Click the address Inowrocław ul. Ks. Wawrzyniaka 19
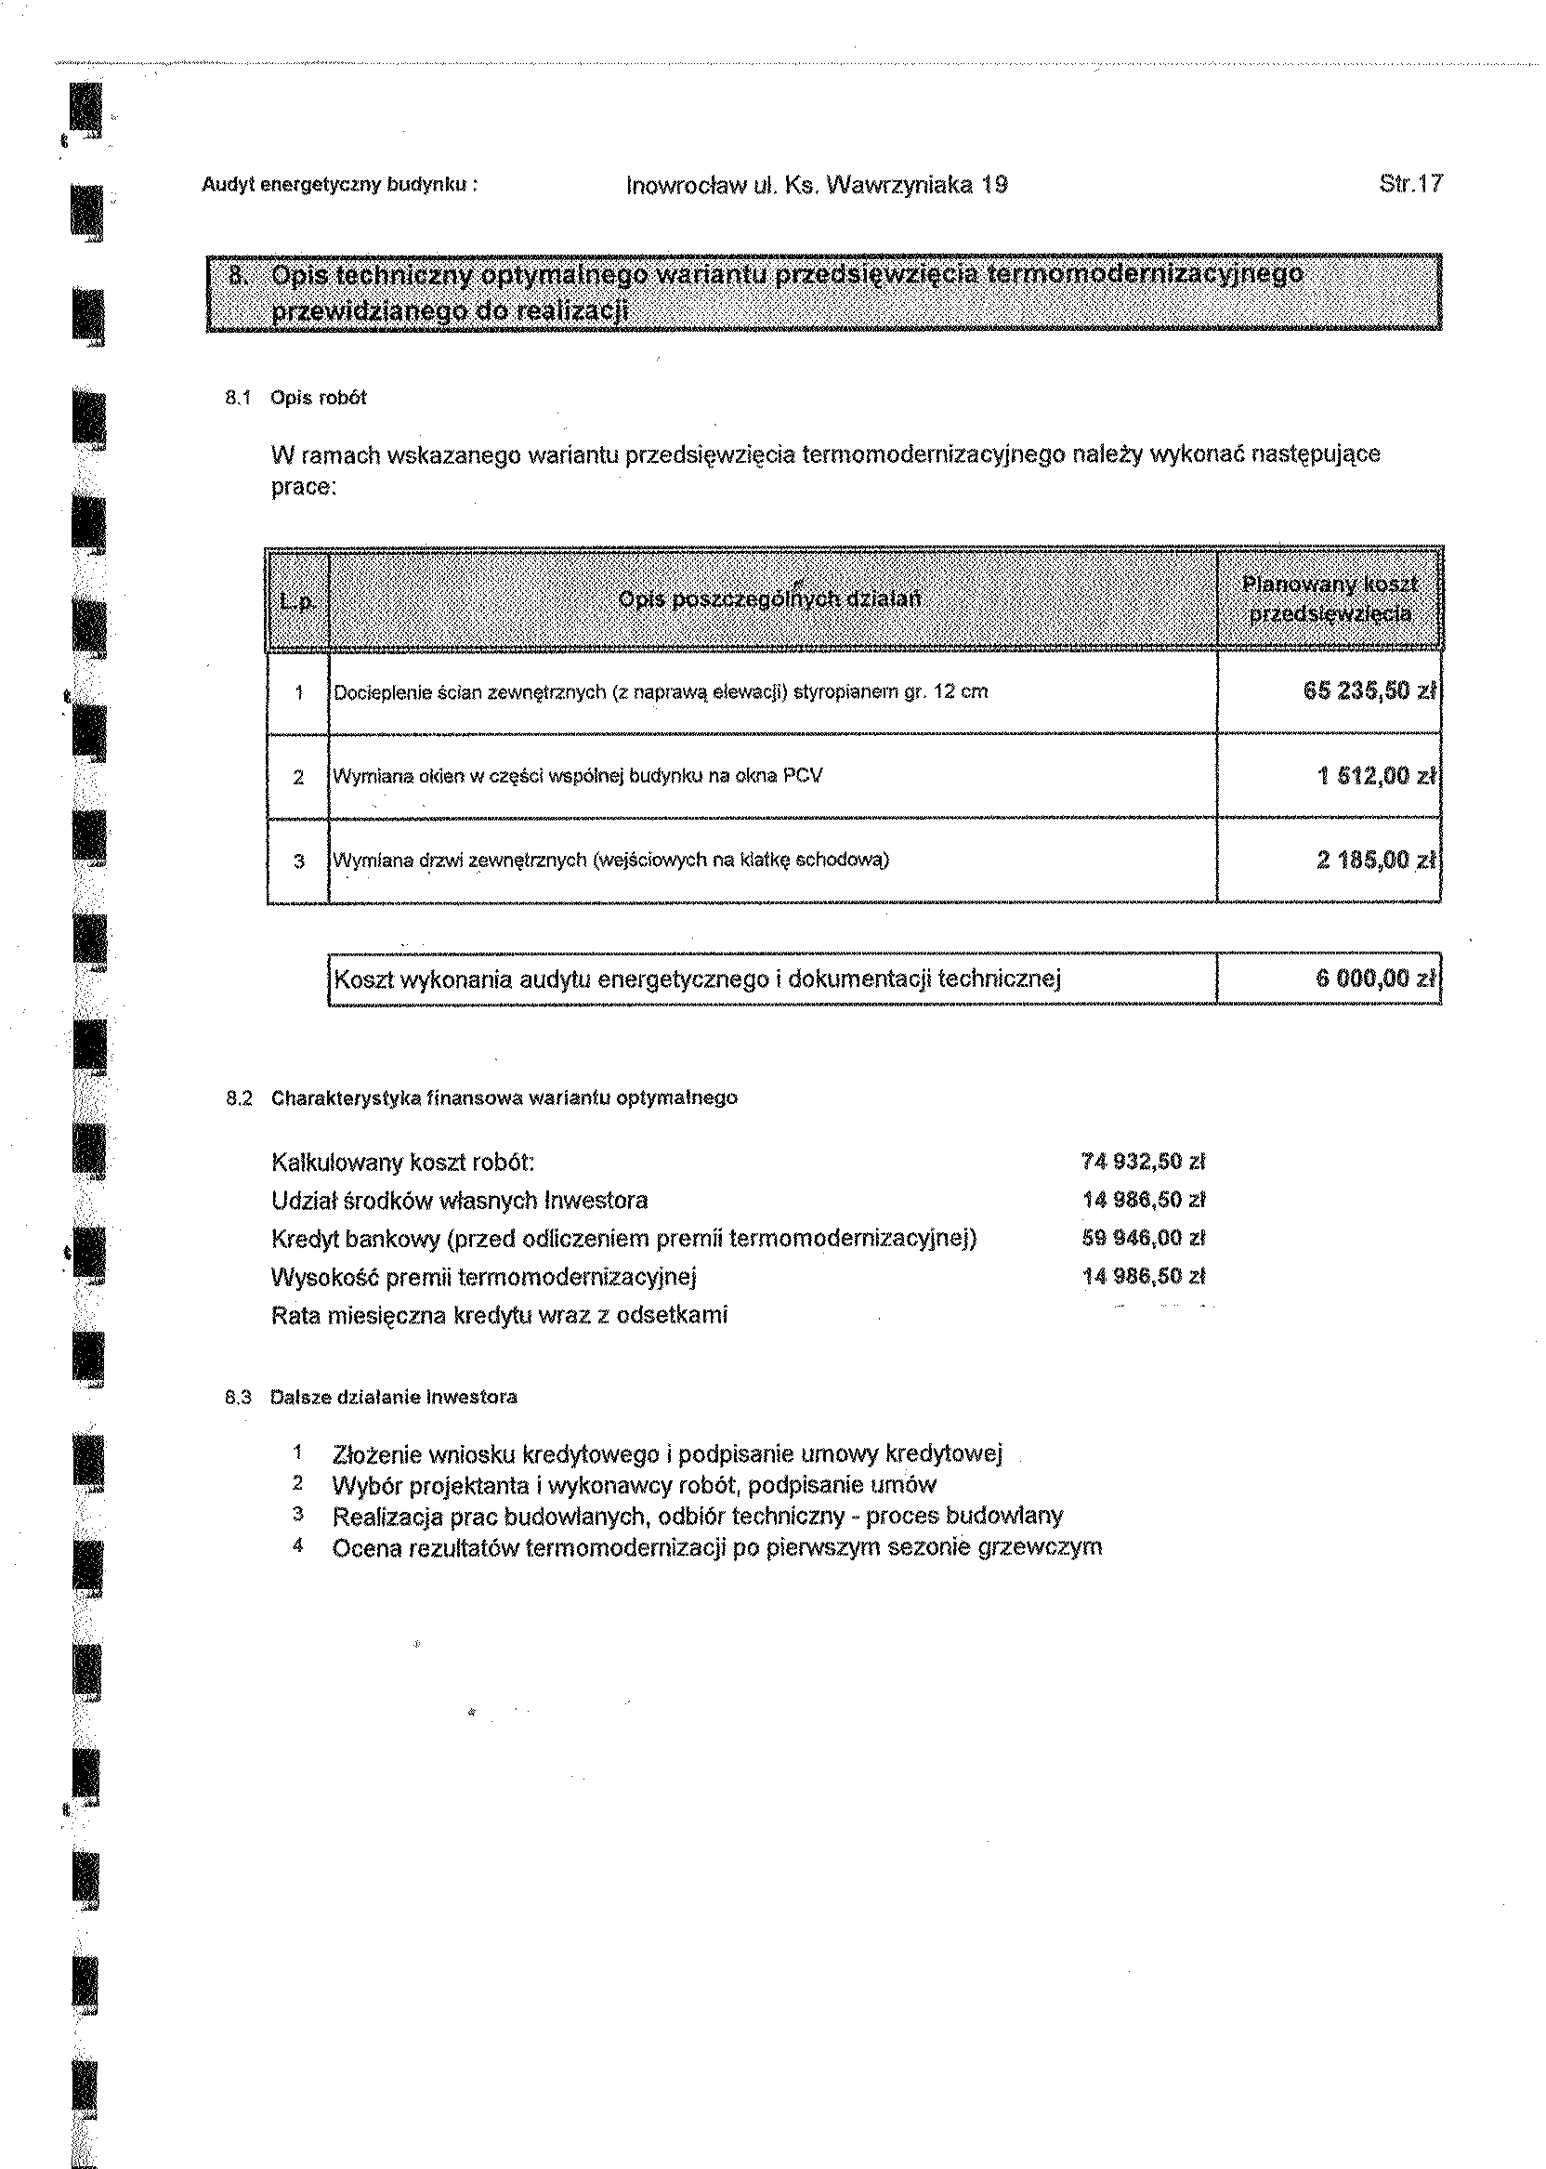tap(817, 185)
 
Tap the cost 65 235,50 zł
tap(1369, 691)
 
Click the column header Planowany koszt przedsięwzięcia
tap(1330, 598)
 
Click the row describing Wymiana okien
tap(578, 776)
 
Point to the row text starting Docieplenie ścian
tap(661, 692)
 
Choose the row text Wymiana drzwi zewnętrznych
tap(610, 861)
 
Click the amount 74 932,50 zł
tap(1144, 1162)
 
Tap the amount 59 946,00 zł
tap(1144, 1238)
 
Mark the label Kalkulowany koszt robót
tap(402, 1163)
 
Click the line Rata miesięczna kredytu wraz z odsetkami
tap(499, 1315)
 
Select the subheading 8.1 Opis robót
tap(296, 398)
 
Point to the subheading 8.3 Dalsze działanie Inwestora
tap(372, 1398)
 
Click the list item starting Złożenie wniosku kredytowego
tap(667, 1455)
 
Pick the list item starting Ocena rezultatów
tap(717, 1547)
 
